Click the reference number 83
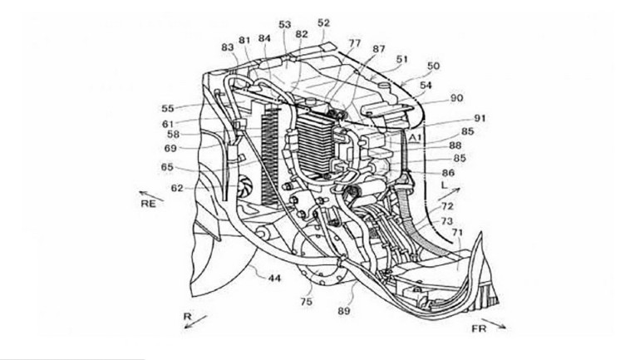point(228,47)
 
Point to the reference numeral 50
point(434,65)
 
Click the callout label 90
point(456,97)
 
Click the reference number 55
point(168,108)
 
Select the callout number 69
point(170,148)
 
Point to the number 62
point(177,188)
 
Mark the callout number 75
point(306,303)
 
